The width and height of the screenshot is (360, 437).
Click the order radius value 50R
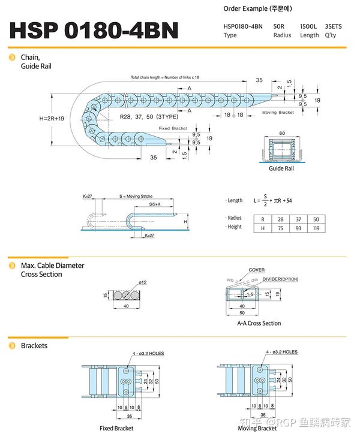coord(278,26)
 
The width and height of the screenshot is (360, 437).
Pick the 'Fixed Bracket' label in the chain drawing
coord(173,128)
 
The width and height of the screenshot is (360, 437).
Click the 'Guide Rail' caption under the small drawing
coord(281,169)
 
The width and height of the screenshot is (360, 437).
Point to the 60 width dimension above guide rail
coord(281,132)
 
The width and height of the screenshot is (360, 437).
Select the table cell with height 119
coord(316,228)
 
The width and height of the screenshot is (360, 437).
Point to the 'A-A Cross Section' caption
coord(259,323)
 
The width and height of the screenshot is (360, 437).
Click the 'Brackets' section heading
coord(34,345)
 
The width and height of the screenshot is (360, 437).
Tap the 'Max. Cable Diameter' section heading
coord(53,265)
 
